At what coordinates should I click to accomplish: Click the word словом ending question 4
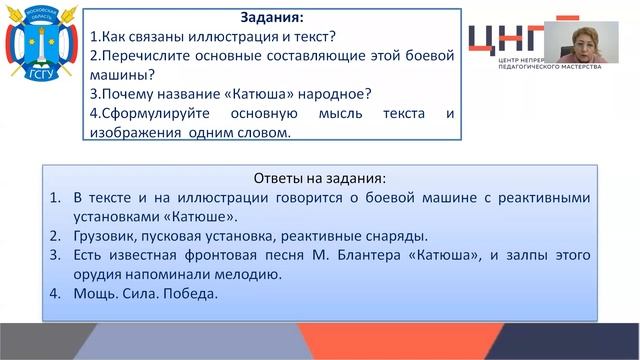point(261,132)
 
